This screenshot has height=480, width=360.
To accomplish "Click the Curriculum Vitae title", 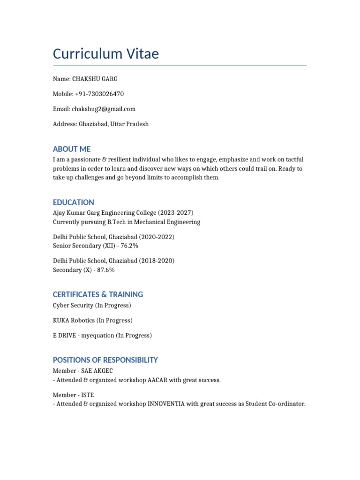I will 105,54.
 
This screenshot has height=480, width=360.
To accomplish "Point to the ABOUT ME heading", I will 72,149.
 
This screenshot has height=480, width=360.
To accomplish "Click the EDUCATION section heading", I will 74,202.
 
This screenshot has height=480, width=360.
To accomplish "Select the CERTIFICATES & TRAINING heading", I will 98,294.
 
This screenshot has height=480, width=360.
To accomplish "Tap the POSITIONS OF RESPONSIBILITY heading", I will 105,360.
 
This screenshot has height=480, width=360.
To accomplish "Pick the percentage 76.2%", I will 129,246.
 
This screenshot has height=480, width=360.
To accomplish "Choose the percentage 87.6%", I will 106,270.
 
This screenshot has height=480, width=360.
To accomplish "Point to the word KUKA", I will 61,321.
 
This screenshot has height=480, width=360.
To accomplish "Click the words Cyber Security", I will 73,306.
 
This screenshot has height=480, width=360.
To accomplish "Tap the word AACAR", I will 155,380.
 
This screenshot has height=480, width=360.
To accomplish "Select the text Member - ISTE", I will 74,395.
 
